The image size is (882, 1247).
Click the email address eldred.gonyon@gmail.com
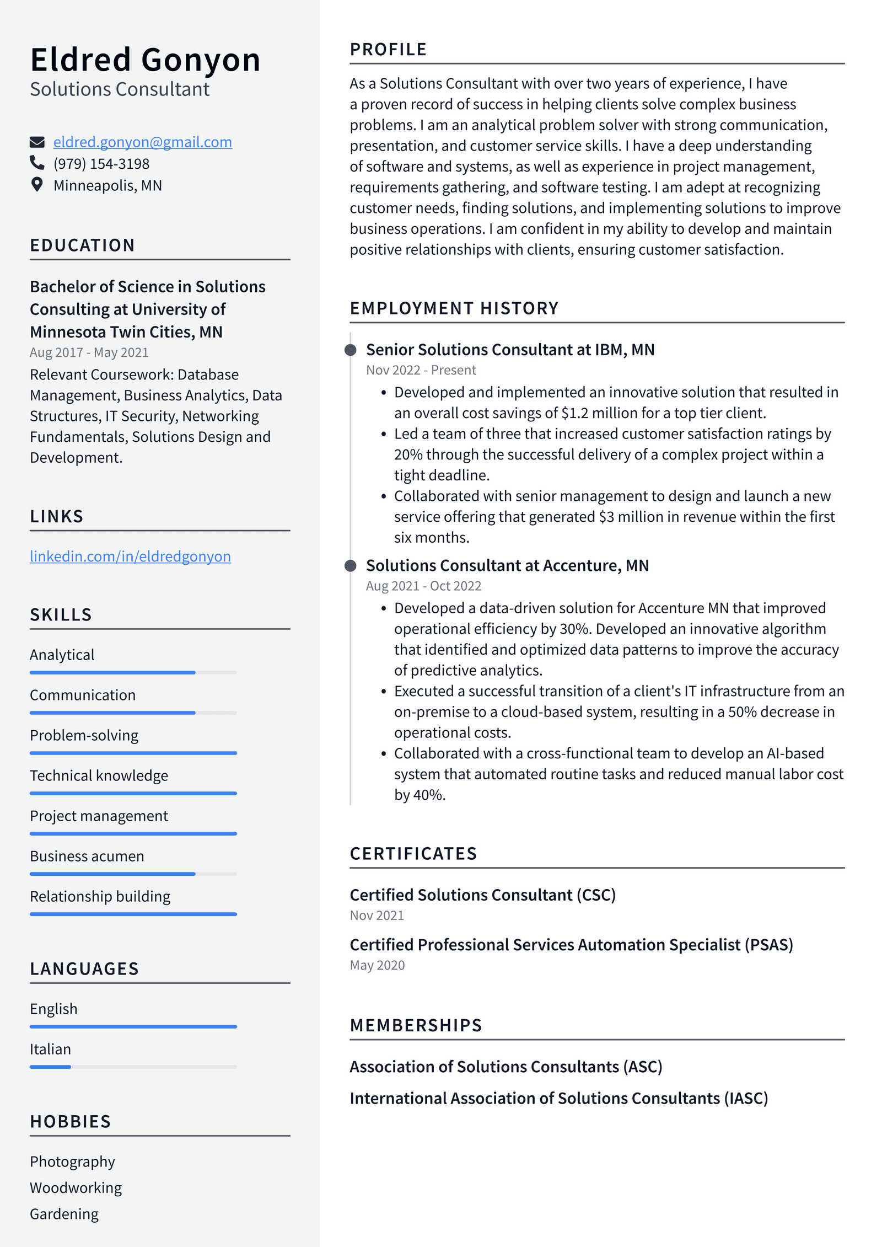142,142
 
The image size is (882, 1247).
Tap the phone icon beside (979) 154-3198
37,163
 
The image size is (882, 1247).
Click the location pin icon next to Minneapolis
37,185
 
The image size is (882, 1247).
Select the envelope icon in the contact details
37,142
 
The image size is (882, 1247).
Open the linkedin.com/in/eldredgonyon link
130,556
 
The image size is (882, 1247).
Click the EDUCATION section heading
83,245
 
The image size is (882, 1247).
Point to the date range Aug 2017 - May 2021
89,352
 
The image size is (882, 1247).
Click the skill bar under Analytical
133,672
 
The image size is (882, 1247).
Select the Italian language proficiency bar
133,1067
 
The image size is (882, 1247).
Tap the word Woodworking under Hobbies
76,1187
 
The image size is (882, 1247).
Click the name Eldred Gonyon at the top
145,60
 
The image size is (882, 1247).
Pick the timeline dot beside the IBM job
350,350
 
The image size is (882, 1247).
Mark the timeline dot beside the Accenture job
350,566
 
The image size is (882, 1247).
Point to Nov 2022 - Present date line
421,370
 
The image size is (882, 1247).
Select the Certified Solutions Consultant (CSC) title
482,895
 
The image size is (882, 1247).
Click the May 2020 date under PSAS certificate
377,965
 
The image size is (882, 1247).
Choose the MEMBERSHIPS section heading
416,1025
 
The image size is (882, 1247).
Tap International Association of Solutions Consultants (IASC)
558,1098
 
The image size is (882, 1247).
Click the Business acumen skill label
87,856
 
